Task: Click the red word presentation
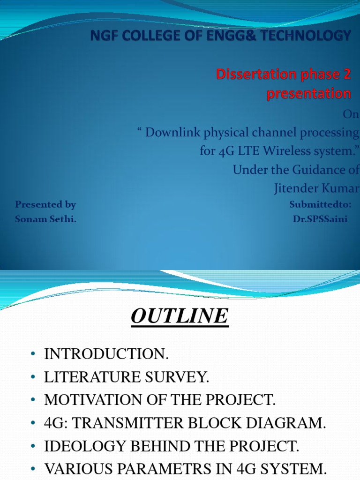pyautogui.click(x=308, y=94)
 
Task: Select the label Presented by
pyautogui.click(x=45, y=204)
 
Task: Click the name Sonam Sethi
pyautogui.click(x=45, y=219)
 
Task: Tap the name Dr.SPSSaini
pyautogui.click(x=320, y=219)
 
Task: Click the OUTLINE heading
pyautogui.click(x=180, y=316)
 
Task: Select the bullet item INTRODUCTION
pyautogui.click(x=106, y=355)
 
